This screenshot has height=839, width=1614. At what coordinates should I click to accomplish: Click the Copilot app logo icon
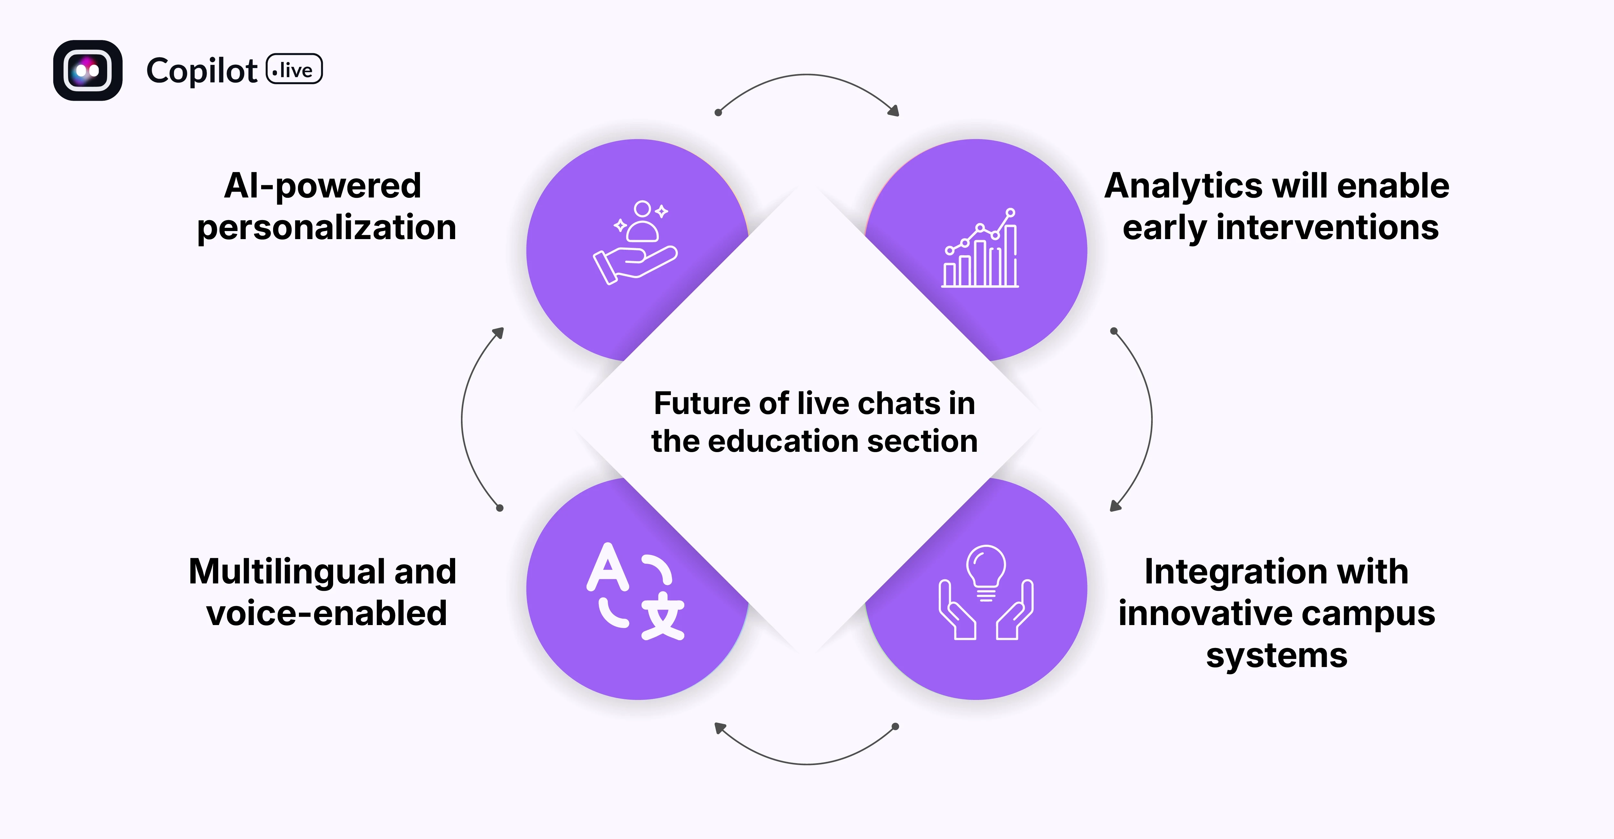pyautogui.click(x=88, y=70)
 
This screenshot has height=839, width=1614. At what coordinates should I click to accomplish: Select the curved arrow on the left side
pyautogui.click(x=464, y=418)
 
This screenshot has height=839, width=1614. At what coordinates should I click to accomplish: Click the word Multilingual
pyautogui.click(x=287, y=571)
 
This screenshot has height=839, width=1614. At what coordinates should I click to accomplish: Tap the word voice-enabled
pyautogui.click(x=326, y=613)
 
